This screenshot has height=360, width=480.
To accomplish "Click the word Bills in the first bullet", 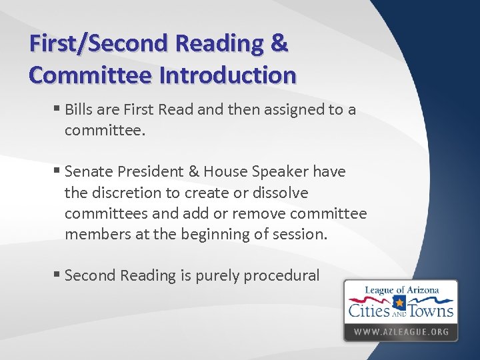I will [81, 109].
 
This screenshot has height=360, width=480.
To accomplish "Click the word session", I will [303, 234].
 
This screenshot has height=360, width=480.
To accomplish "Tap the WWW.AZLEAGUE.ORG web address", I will [401, 331].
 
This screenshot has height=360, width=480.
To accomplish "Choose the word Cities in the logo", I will [369, 309].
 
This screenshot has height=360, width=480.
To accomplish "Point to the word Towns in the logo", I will [432, 309].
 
